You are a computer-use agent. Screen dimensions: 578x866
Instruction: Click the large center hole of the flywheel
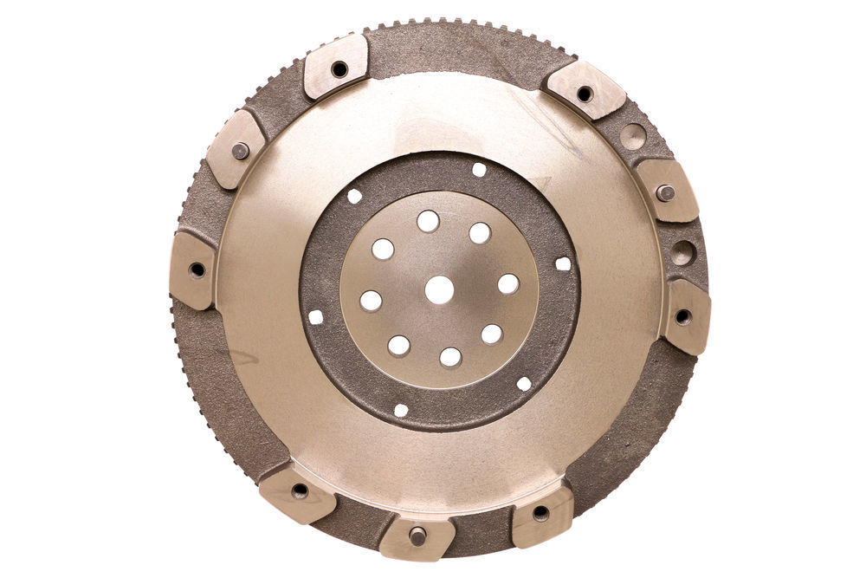pos(439,289)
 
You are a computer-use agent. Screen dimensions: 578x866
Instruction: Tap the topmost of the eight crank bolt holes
pos(428,221)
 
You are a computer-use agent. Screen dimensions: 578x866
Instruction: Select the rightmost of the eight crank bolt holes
pos(508,284)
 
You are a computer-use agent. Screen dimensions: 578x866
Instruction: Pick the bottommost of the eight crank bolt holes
pos(450,357)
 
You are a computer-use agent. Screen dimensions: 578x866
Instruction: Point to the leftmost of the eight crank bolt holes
pos(371,301)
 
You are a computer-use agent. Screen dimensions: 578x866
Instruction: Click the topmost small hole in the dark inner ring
pos(479,170)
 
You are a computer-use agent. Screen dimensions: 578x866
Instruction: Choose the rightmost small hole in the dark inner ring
pos(563,263)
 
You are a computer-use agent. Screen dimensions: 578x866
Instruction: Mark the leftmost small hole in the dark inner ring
pos(316,317)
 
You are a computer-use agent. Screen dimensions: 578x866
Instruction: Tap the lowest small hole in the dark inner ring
pos(400,410)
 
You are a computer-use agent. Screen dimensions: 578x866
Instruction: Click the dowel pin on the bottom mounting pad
pos(417,536)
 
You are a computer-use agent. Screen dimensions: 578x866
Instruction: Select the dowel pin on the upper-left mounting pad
pos(240,151)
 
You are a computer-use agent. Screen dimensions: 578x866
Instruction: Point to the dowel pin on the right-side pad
pos(665,193)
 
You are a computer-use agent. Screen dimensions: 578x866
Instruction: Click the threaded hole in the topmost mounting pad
pos(339,68)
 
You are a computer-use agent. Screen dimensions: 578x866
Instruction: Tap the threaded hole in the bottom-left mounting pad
pos(300,490)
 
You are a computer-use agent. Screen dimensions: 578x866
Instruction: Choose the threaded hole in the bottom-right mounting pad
pos(540,513)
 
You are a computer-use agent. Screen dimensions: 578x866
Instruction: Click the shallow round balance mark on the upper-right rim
pos(633,136)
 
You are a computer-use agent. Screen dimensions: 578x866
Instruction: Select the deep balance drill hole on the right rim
pos(682,253)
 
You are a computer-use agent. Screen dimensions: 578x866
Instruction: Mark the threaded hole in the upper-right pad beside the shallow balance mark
pos(585,94)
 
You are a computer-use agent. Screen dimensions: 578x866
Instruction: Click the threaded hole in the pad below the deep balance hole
pos(682,316)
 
